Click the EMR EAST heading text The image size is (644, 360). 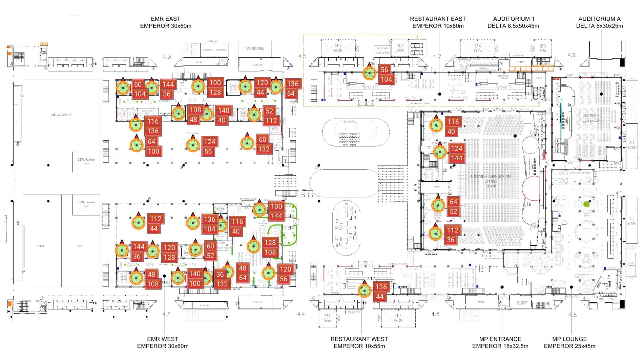(165, 19)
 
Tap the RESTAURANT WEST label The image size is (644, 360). (359, 339)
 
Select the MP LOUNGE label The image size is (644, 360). (569, 339)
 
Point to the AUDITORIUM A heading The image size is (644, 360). (599, 19)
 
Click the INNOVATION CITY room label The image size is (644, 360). (61, 115)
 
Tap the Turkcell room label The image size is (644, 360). (41, 246)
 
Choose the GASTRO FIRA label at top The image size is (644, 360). (254, 49)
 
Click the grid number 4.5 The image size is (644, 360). (302, 56)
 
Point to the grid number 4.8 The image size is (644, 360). (573, 315)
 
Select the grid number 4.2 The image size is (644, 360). (166, 314)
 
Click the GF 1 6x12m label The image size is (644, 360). (398, 318)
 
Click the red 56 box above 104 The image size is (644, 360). (384, 70)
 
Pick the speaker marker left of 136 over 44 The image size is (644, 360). (365, 291)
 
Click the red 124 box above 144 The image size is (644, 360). (456, 148)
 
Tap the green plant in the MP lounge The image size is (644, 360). (587, 204)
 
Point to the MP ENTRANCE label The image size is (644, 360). (500, 339)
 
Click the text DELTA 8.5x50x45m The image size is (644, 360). (513, 26)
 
